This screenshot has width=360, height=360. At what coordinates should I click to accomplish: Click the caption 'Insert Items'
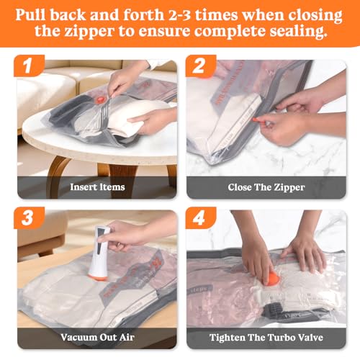click(97, 187)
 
